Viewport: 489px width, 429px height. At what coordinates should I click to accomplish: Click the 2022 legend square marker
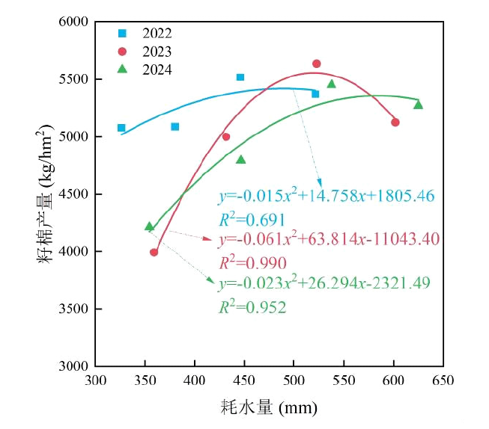point(123,34)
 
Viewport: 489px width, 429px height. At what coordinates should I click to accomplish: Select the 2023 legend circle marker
point(123,52)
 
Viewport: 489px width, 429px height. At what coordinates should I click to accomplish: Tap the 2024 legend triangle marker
point(123,69)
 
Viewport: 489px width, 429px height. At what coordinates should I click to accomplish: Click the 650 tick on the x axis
point(443,380)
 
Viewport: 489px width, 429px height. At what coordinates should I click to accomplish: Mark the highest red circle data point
point(316,64)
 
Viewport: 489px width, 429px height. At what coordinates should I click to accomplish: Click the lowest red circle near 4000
point(154,252)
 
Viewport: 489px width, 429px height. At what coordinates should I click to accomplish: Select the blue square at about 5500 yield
point(240,77)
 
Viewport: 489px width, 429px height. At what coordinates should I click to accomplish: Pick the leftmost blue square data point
point(121,128)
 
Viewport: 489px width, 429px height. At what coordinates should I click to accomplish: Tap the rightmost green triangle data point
point(418,105)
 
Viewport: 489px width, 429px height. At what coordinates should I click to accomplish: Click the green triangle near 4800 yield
point(240,159)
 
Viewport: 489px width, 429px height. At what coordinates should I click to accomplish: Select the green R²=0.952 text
point(252,306)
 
